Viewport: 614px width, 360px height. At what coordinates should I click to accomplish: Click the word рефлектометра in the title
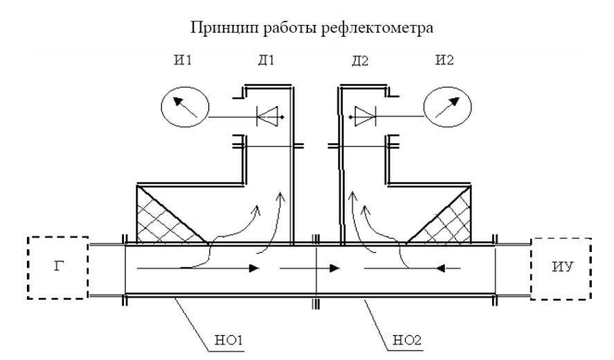coord(377,28)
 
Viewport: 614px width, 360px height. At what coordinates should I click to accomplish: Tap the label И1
coord(183,60)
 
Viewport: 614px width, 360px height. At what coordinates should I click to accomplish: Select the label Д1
coord(266,60)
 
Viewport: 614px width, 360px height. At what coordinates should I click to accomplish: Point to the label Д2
coord(360,61)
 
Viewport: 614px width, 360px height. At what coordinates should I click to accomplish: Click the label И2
coord(444,60)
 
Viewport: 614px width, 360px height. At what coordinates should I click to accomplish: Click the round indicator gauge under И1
coord(185,107)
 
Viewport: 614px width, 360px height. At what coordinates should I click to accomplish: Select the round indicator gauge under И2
coord(448,107)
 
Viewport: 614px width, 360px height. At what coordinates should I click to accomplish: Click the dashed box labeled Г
coord(58,267)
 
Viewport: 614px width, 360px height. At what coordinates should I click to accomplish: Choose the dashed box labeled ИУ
coord(561,269)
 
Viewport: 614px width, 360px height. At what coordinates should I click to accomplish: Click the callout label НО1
coord(228,340)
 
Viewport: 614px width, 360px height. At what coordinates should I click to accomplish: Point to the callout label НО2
coord(407,340)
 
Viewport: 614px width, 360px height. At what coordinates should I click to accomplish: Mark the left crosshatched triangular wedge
coord(165,219)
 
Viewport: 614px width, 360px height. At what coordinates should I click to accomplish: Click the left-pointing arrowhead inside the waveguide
coord(440,269)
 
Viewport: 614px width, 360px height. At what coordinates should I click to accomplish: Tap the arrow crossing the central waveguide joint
coord(309,269)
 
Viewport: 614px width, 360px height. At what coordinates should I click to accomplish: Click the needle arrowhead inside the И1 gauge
coord(179,102)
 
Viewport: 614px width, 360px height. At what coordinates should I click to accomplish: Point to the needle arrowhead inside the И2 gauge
coord(453,102)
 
